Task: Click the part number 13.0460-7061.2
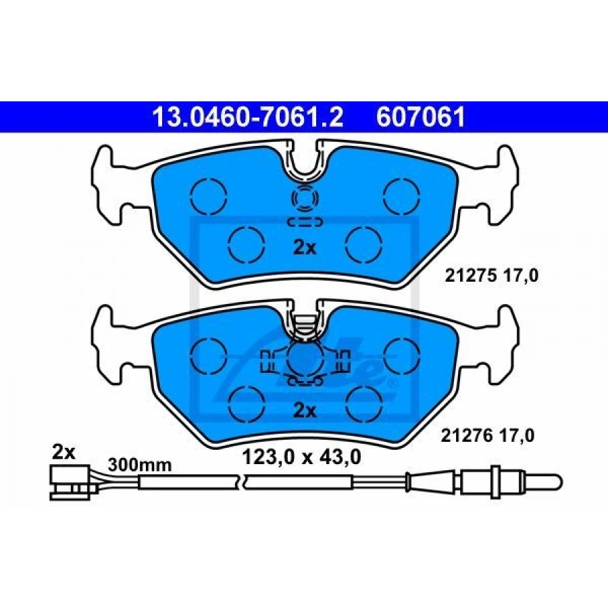[247, 117]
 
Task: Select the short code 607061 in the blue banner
[421, 117]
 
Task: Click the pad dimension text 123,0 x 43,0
[302, 457]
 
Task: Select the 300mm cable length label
[140, 465]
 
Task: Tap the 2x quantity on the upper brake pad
[305, 248]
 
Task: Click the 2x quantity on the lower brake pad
[305, 411]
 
